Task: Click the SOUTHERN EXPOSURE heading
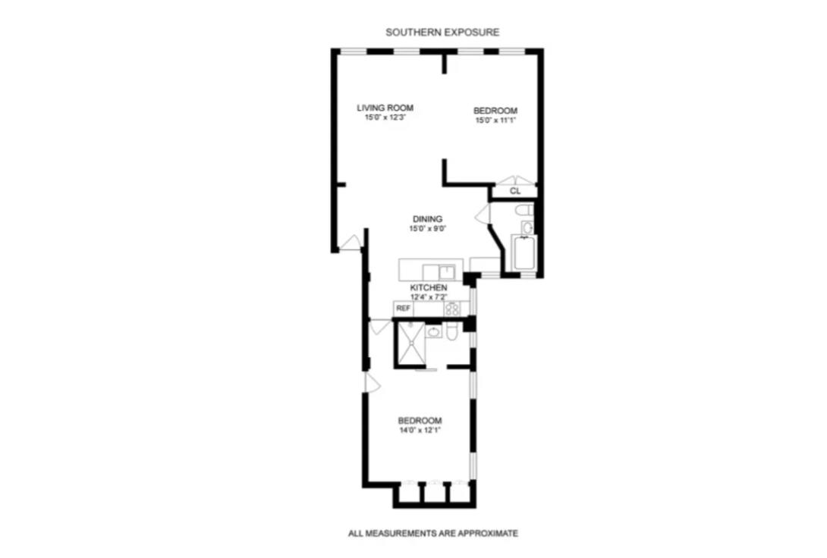(x=442, y=33)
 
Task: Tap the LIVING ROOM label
(x=385, y=108)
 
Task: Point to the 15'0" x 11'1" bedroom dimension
(x=495, y=120)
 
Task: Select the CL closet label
(x=514, y=191)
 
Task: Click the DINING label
(x=427, y=219)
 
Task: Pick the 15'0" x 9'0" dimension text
(x=427, y=229)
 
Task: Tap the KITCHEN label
(x=428, y=288)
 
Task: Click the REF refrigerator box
(x=404, y=309)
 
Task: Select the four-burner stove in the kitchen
(x=452, y=309)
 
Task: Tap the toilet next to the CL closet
(x=523, y=210)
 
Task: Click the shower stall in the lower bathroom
(x=410, y=345)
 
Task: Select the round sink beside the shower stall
(x=433, y=331)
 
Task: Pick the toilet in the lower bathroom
(x=451, y=334)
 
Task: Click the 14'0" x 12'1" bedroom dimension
(x=420, y=431)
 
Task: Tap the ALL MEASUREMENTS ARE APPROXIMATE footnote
(x=432, y=534)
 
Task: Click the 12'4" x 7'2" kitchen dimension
(x=428, y=297)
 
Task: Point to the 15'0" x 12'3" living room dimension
(x=385, y=118)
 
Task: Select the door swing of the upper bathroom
(x=483, y=215)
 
